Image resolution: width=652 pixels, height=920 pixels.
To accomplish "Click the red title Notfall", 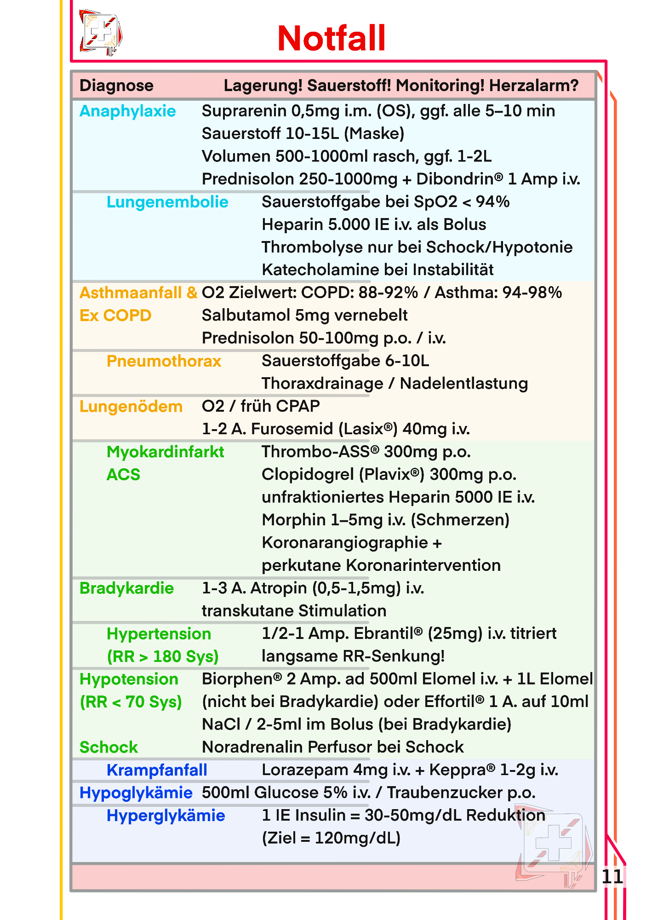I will [332, 38].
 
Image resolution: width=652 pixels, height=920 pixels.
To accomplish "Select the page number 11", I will [612, 876].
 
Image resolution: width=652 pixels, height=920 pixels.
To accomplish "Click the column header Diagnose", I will [116, 86].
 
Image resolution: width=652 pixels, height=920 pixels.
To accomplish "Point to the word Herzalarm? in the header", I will [533, 86].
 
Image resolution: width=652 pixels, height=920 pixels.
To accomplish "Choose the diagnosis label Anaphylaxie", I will [127, 111].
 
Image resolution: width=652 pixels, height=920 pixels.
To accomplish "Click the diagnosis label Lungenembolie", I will [167, 202].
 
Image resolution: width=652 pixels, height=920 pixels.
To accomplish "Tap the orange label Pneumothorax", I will [164, 361].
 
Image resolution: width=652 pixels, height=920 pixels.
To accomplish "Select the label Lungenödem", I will [131, 407].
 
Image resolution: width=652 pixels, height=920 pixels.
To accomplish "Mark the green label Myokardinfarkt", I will [165, 452].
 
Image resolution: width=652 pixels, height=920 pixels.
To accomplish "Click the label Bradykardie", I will [126, 588].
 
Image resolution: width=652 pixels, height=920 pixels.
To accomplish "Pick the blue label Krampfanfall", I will [157, 770].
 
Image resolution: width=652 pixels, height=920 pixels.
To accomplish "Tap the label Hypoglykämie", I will [136, 793].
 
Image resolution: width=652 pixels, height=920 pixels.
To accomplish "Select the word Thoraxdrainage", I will [322, 383].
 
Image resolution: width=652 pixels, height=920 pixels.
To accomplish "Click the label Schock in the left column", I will [109, 747].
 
